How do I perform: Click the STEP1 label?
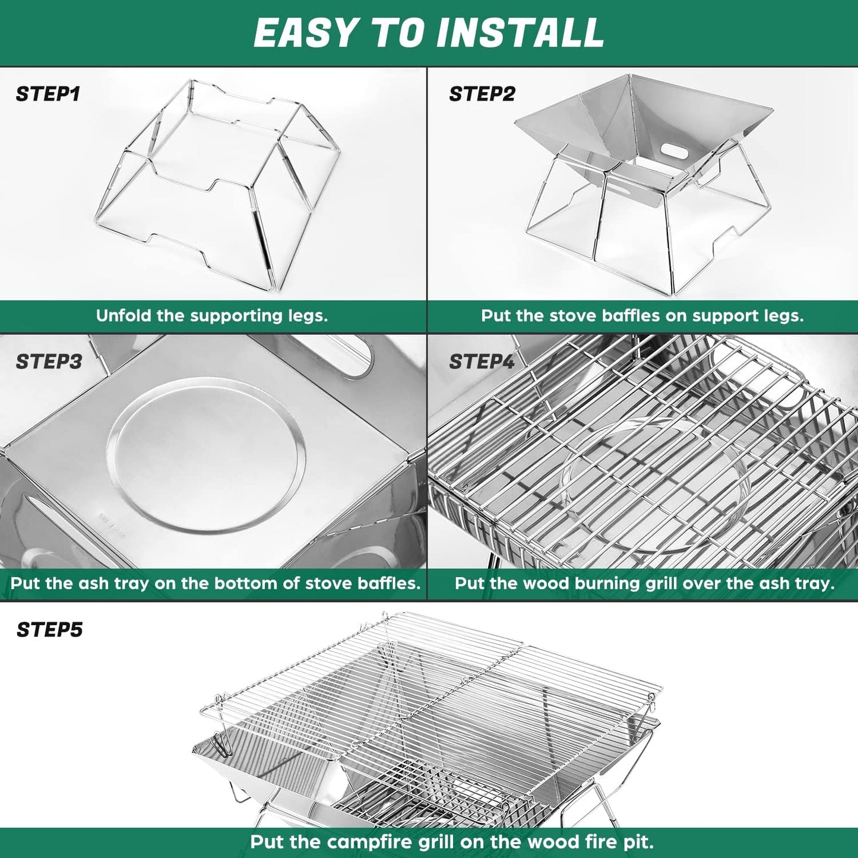pyautogui.click(x=48, y=94)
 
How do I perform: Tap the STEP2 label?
pyautogui.click(x=482, y=94)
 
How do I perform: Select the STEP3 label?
pyautogui.click(x=49, y=362)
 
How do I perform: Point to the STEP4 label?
pyautogui.click(x=482, y=362)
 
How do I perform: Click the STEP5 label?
pyautogui.click(x=50, y=629)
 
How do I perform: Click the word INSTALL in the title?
pyautogui.click(x=520, y=33)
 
